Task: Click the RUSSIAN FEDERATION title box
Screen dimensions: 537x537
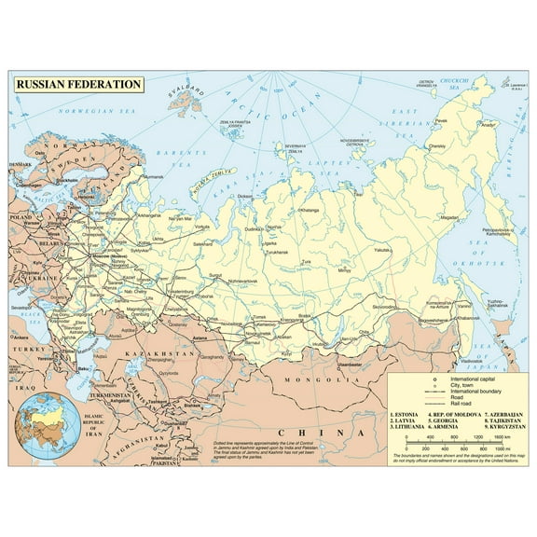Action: (78, 84)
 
